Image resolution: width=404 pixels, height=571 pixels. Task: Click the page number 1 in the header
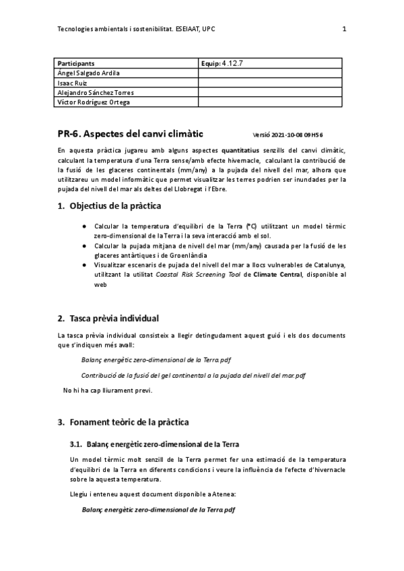point(344,29)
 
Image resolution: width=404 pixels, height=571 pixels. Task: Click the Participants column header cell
point(76,63)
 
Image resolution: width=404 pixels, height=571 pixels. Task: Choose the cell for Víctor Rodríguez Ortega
point(94,102)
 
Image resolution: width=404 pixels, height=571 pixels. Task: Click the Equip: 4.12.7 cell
point(226,63)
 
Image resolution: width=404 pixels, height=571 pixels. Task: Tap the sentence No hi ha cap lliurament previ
point(108,391)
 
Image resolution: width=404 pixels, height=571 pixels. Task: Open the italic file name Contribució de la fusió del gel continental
point(193,375)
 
